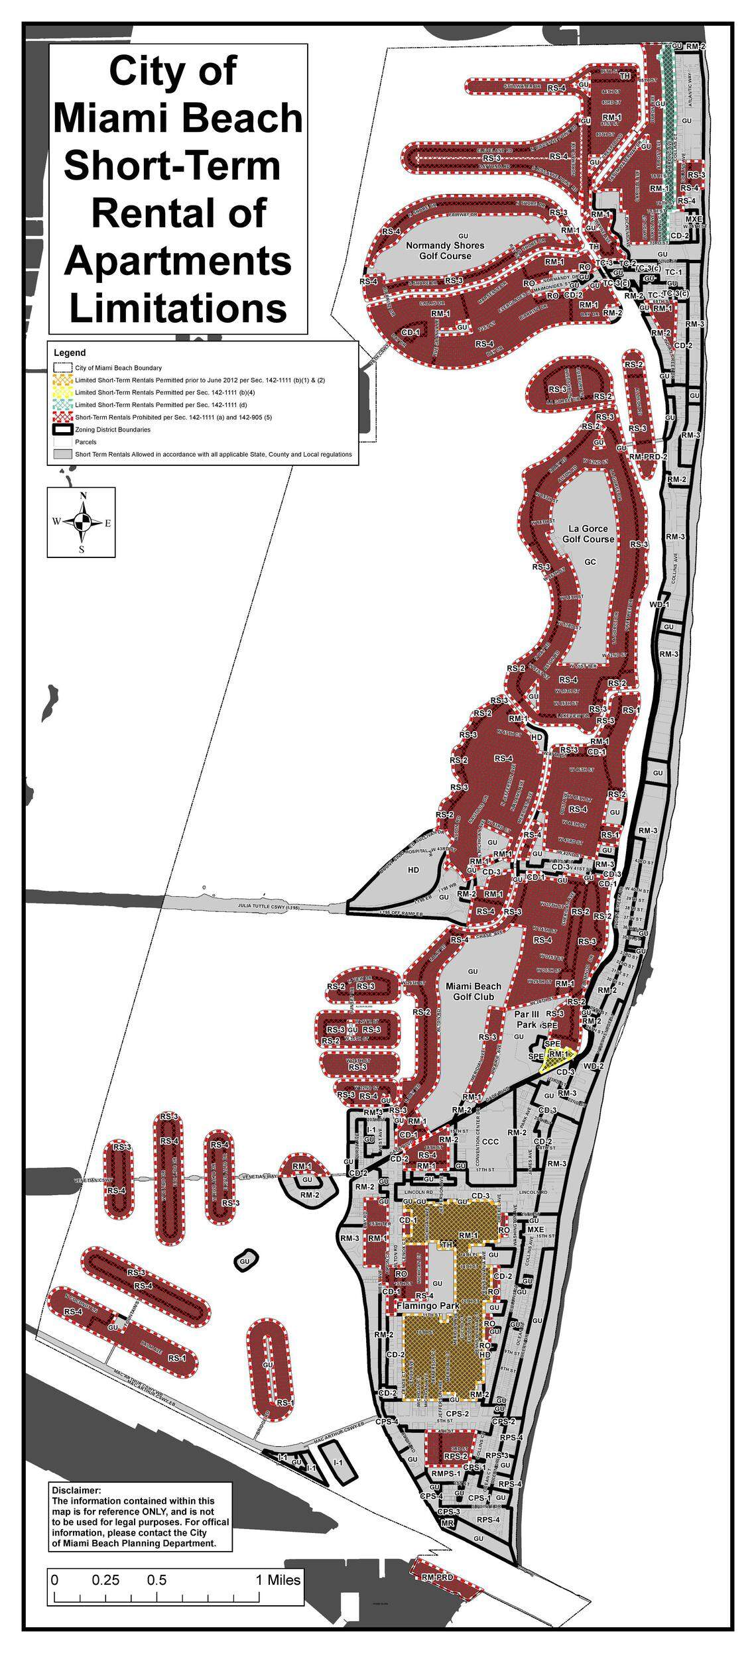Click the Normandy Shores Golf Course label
[x=445, y=250]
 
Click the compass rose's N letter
[x=83, y=496]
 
